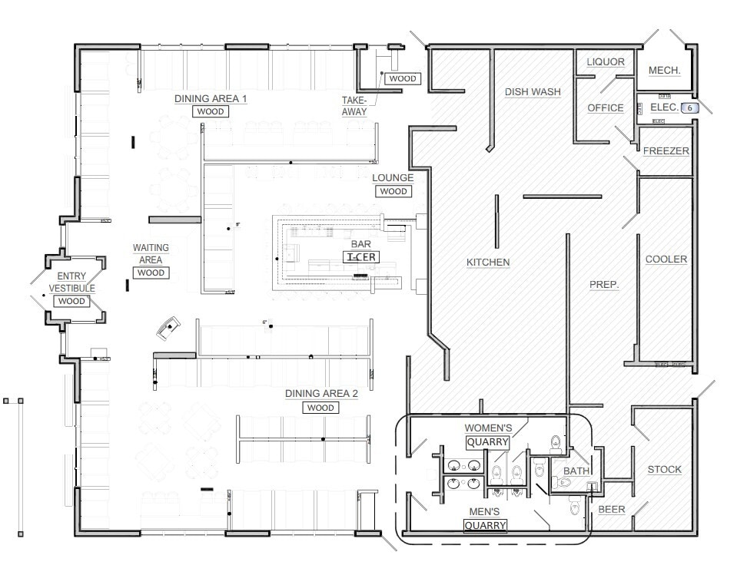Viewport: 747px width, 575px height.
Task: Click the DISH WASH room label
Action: [x=533, y=92]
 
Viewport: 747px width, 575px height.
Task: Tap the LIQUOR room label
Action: [x=606, y=62]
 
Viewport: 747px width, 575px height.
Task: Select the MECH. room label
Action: [x=665, y=71]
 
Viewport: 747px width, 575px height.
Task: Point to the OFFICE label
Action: [x=606, y=108]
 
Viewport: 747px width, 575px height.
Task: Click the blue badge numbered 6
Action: [x=690, y=108]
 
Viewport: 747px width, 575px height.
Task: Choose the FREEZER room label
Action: [x=666, y=151]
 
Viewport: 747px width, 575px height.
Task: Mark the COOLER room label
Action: [x=666, y=259]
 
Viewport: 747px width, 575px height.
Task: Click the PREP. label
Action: [x=604, y=285]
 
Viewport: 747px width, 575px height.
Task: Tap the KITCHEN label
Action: [x=488, y=263]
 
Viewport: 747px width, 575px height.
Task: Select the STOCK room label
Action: [x=664, y=470]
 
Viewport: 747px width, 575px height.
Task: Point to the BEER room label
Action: [x=611, y=510]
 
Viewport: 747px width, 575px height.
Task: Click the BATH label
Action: [x=576, y=471]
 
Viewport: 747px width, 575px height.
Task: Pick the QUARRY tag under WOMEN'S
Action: [x=488, y=442]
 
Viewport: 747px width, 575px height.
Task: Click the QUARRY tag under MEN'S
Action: [x=485, y=526]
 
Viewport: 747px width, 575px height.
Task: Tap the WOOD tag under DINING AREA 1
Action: [x=210, y=112]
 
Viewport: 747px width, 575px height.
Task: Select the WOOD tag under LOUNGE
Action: [x=393, y=191]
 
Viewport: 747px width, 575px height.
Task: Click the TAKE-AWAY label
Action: [x=354, y=106]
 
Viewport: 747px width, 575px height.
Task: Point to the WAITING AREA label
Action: [x=151, y=253]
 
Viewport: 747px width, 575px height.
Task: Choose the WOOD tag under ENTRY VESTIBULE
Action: [x=71, y=302]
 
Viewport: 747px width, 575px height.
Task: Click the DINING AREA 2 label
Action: [x=321, y=394]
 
